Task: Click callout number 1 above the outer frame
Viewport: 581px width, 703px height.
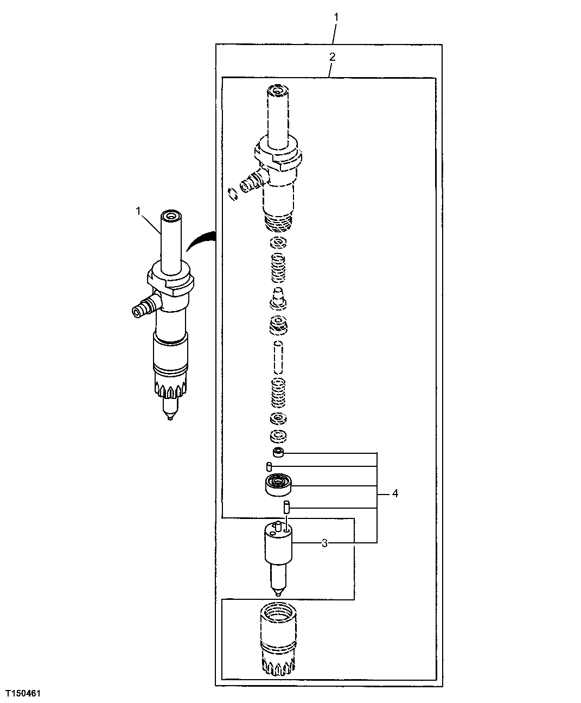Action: pos(336,17)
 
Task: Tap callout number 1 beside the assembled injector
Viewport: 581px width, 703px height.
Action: pos(138,210)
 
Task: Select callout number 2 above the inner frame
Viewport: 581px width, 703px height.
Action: pos(333,56)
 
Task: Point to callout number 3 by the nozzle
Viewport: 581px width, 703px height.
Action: pos(324,543)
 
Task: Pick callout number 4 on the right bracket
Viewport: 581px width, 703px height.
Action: pos(395,493)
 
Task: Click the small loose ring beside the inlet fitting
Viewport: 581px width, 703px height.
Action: pos(233,194)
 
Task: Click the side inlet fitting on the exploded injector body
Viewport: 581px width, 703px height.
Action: pos(251,183)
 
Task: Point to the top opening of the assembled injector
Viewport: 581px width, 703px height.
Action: pos(171,217)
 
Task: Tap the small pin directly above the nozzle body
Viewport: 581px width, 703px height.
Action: pos(286,508)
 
